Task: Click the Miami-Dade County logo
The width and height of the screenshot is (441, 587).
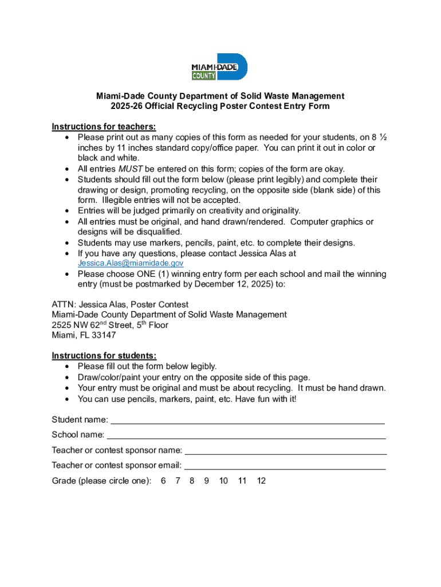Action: [x=219, y=67]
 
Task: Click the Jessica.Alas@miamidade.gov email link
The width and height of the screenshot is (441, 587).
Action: [x=130, y=263]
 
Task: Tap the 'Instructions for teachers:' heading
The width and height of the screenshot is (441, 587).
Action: [x=104, y=127]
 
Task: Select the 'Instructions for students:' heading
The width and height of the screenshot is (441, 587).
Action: [x=104, y=356]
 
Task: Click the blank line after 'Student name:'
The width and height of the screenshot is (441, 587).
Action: [x=247, y=420]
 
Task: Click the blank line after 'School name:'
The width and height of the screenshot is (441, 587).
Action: [x=246, y=435]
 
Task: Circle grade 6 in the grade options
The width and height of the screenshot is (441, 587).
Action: [x=163, y=481]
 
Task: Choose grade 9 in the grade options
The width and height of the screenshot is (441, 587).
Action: [x=206, y=481]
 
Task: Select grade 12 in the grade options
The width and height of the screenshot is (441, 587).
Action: [x=261, y=481]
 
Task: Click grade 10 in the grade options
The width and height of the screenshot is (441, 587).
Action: [x=223, y=481]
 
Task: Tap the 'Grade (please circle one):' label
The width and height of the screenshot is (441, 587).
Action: [x=101, y=481]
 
